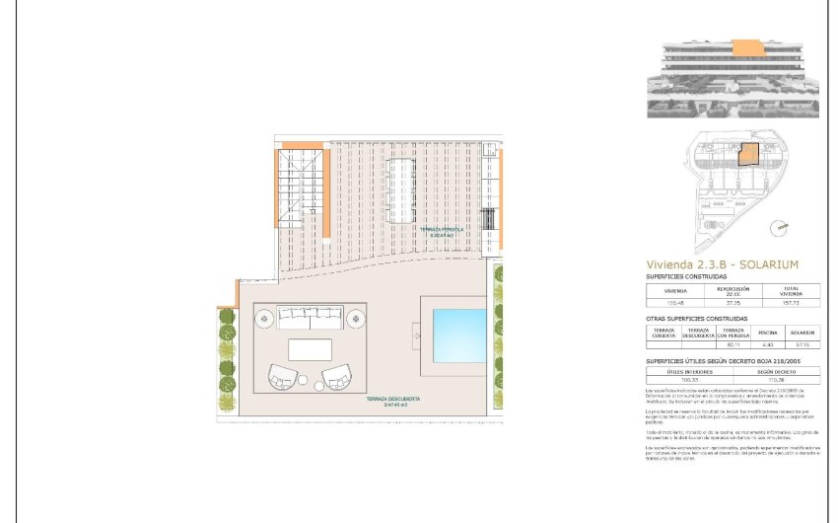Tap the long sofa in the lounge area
[308, 317]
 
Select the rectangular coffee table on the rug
[310, 348]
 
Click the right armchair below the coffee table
[336, 377]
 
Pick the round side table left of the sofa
[265, 318]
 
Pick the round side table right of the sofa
[355, 318]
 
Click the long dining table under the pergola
[404, 187]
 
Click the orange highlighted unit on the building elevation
[750, 46]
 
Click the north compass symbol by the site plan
[781, 226]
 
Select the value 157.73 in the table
[790, 304]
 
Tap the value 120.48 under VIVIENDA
[676, 304]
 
